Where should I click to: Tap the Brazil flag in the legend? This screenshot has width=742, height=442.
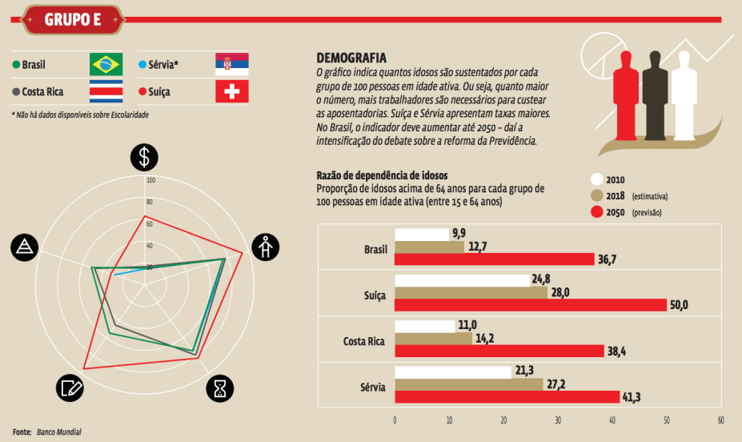[x=106, y=64]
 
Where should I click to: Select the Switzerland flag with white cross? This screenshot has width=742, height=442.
[x=232, y=91]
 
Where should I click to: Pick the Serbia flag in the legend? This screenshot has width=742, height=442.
[x=232, y=64]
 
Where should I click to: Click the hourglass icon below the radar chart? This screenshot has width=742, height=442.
[x=220, y=388]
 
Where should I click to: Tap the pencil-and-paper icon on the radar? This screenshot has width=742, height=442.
[x=70, y=388]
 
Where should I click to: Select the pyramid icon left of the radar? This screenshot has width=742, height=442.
[x=24, y=248]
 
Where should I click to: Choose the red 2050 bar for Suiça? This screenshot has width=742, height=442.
[x=531, y=305]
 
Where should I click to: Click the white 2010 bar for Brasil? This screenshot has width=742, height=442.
[x=422, y=234]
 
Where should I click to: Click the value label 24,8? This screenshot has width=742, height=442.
[x=542, y=279]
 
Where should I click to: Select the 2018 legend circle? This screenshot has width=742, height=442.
[x=596, y=195]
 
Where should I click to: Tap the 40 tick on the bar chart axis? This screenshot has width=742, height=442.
[x=612, y=420]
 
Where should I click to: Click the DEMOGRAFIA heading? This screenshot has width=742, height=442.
[x=351, y=58]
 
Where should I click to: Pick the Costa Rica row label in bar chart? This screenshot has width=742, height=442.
[x=363, y=341]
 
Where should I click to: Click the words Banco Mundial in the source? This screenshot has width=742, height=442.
[x=58, y=432]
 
